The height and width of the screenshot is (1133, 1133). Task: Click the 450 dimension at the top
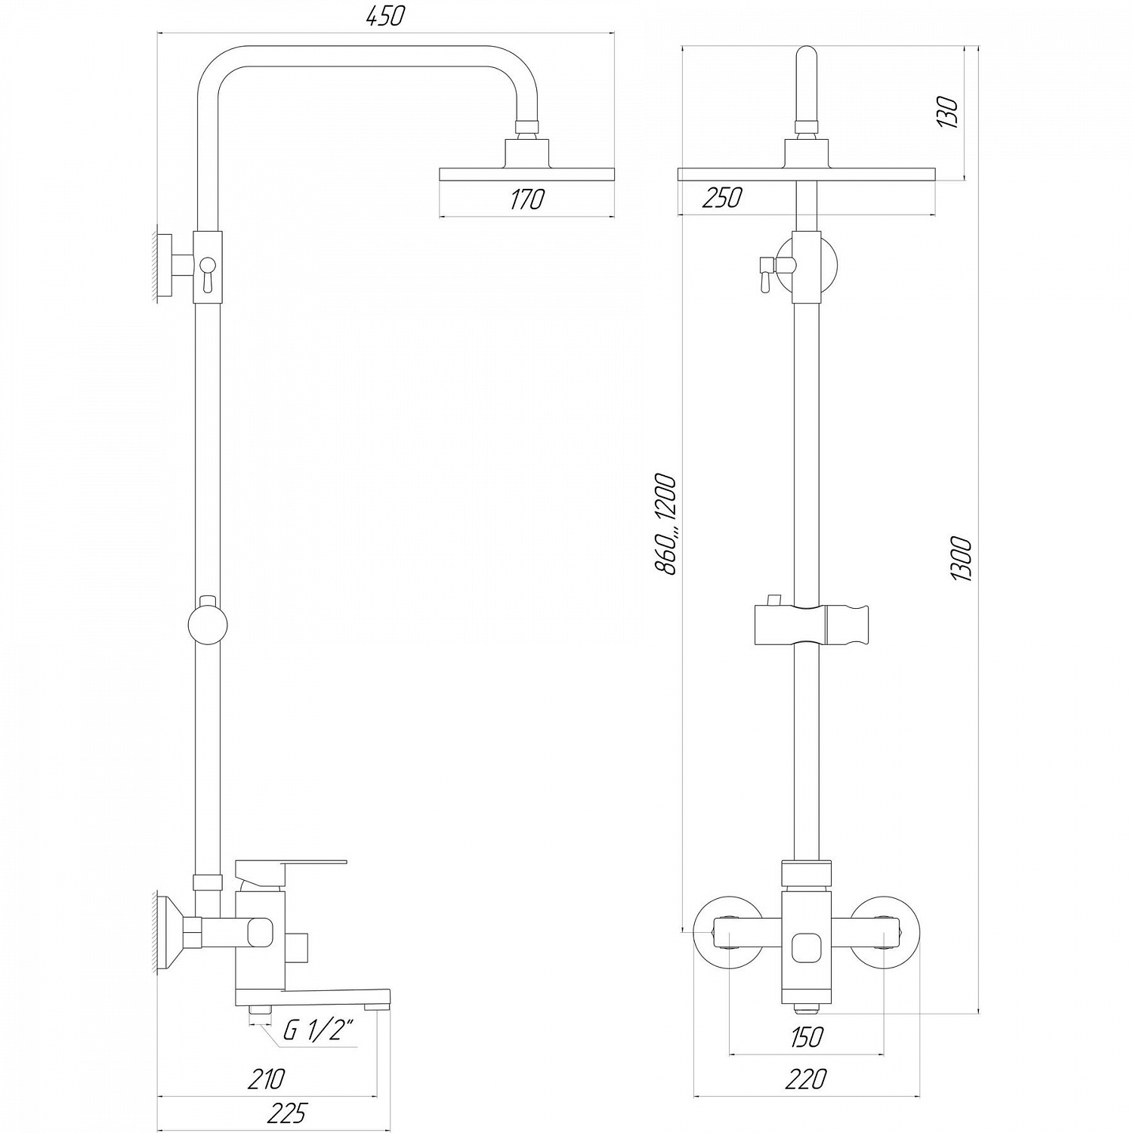tap(385, 16)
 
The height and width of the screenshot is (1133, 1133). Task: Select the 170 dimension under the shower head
tap(526, 199)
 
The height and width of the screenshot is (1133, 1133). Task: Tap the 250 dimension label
tap(722, 197)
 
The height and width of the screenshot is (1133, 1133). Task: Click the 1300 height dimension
tap(962, 558)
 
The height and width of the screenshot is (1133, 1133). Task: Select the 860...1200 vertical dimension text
tap(665, 524)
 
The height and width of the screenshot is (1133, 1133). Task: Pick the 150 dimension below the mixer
tap(806, 1037)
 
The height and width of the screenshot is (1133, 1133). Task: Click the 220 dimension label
tap(806, 1079)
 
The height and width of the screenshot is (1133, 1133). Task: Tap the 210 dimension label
tap(266, 1078)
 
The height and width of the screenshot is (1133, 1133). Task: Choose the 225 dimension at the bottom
tap(288, 1113)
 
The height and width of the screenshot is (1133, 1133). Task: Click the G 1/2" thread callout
tap(318, 1030)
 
